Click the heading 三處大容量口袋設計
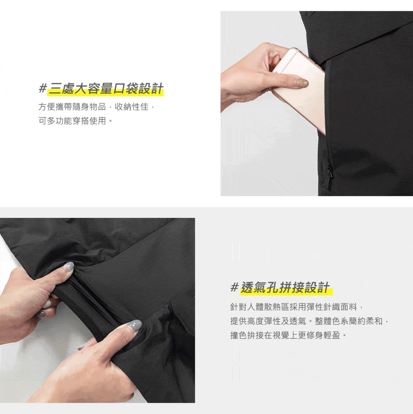(106, 89)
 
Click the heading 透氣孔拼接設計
(285, 288)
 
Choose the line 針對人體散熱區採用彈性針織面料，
(296, 308)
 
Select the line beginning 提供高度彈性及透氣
(310, 322)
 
